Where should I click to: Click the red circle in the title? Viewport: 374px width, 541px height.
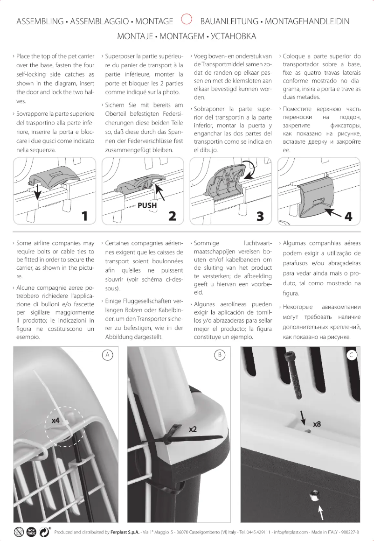[187, 20]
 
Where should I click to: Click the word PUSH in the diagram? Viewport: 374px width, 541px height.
[147, 205]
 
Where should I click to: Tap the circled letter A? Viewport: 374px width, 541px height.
[107, 355]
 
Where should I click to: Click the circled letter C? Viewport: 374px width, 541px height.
[352, 355]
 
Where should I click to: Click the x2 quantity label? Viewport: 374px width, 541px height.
[194, 428]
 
